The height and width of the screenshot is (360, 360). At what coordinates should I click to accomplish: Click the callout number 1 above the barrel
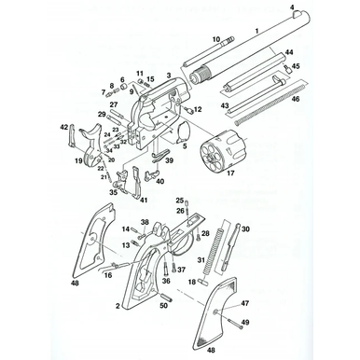point(257,32)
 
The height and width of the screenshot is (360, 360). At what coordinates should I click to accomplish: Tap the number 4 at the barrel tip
point(292,7)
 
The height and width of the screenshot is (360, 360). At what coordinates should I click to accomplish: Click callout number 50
point(164,305)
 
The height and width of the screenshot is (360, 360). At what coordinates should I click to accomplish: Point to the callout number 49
point(247,322)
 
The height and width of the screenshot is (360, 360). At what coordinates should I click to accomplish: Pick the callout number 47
point(246,304)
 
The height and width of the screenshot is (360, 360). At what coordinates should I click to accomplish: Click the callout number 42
point(63,126)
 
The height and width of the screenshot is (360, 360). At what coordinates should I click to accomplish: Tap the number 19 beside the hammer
point(79,160)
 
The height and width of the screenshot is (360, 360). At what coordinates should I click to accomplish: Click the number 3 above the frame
point(168,74)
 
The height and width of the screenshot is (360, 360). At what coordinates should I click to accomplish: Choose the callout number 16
point(110,275)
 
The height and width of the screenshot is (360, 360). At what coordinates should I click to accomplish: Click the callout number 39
point(170,160)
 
